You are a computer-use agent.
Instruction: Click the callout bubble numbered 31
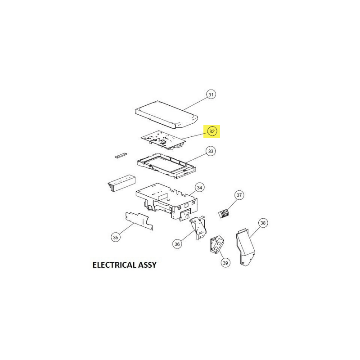tap(211, 94)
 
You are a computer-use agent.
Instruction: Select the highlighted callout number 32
tap(211, 131)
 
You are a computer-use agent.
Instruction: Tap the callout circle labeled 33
tap(211, 151)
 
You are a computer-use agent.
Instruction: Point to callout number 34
tap(199, 188)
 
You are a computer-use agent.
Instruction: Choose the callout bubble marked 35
tap(116, 237)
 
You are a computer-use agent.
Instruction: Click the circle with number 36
tap(177, 244)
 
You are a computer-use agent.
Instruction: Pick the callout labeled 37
tap(239, 195)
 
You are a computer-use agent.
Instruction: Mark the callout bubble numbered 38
tap(263, 223)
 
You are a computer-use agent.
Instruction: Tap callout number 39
tap(225, 263)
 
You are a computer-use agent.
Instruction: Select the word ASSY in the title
tap(147, 265)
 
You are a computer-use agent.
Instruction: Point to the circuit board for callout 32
tap(163, 140)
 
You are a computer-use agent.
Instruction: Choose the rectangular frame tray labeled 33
tap(166, 166)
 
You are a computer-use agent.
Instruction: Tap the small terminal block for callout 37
tap(224, 213)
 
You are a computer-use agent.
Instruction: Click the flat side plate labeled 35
tap(139, 221)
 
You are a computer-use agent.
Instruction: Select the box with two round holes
tap(216, 245)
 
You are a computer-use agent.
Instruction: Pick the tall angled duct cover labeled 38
tap(245, 247)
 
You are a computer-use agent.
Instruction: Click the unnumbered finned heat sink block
tap(121, 184)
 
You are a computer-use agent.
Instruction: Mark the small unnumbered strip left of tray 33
tap(121, 155)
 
